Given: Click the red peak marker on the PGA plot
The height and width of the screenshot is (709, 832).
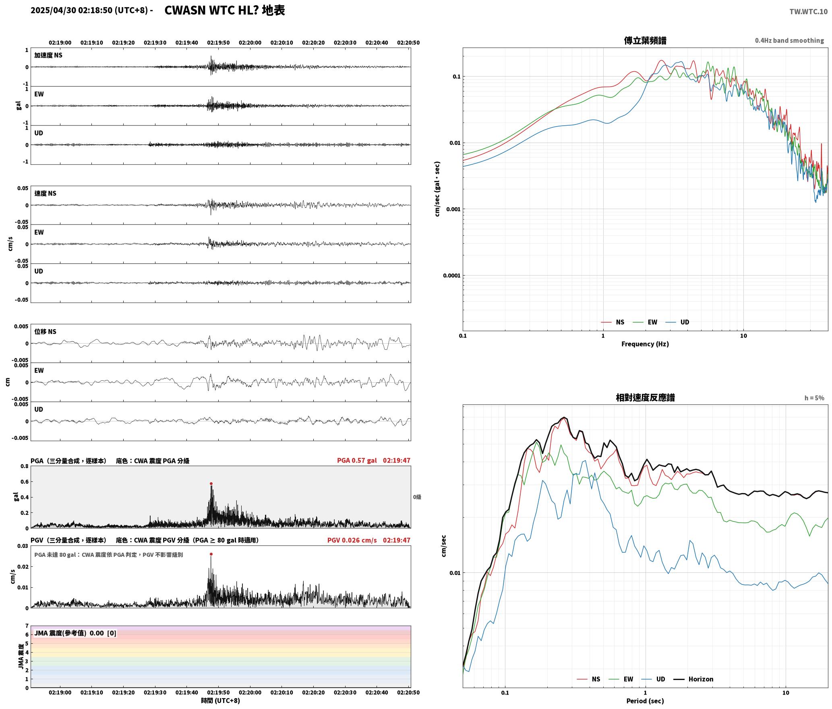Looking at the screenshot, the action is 211,484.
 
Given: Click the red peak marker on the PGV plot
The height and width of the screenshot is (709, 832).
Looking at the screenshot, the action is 211,554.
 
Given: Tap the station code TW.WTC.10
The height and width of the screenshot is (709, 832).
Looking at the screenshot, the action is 808,11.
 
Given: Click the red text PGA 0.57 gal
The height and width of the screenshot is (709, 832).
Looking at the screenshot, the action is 357,460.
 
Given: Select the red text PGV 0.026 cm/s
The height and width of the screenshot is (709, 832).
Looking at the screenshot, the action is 352,540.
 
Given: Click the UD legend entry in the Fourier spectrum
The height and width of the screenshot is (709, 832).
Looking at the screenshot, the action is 677,322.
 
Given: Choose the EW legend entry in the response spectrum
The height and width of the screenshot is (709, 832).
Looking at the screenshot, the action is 621,679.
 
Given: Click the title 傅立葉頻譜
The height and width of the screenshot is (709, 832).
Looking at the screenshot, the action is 645,41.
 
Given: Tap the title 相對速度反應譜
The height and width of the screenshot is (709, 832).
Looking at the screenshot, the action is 645,398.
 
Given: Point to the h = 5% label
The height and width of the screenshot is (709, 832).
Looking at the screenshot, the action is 814,398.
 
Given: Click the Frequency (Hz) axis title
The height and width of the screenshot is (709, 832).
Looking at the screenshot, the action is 645,344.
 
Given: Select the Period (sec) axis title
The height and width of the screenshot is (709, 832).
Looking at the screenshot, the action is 645,701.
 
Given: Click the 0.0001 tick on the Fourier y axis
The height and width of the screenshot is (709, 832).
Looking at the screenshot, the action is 451,276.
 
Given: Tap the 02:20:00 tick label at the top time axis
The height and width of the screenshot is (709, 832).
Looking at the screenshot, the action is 250,43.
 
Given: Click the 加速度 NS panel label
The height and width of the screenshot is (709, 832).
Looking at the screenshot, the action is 48,55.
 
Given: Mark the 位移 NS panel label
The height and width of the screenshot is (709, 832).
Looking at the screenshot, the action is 46,332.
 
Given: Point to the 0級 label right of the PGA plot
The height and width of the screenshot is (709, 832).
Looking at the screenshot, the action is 417,497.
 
